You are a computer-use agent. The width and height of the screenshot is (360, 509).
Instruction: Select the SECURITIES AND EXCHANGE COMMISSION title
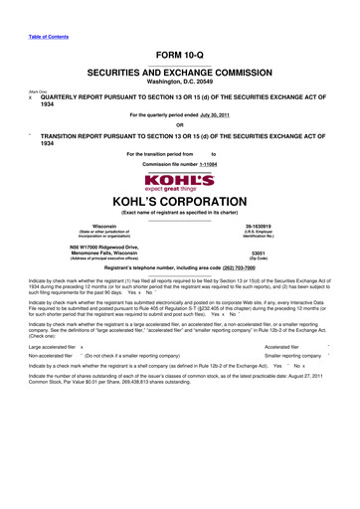180,74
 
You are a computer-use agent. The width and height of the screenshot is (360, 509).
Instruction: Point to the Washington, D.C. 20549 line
180,85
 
